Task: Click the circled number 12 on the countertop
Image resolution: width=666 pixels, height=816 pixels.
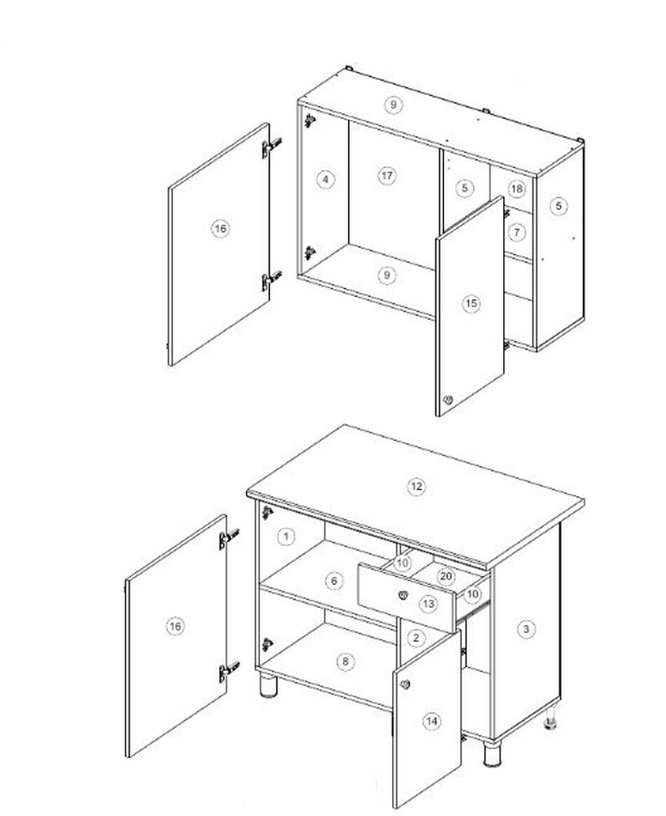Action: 416,487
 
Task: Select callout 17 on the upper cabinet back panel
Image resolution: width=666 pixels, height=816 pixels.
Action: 387,176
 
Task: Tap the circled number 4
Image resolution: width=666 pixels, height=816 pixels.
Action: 325,180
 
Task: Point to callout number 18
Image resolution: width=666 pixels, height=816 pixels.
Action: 516,188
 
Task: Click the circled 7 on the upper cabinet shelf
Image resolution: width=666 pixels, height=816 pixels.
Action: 516,232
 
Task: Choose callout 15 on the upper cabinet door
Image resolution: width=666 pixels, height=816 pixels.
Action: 471,304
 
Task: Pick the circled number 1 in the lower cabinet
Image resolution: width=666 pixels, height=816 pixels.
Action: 286,537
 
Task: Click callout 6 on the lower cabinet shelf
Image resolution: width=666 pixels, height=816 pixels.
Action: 333,581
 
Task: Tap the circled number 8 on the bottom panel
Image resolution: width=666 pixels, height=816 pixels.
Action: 345,662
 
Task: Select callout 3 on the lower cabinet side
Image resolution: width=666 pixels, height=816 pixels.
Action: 526,629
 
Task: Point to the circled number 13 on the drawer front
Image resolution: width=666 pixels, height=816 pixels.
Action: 428,604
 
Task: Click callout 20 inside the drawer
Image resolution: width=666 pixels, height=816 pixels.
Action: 446,577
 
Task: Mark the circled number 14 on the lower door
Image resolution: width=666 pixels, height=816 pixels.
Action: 431,721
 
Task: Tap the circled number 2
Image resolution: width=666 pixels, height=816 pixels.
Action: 416,638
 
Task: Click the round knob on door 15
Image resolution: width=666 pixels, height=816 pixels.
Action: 448,400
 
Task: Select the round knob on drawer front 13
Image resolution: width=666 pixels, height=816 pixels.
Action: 403,594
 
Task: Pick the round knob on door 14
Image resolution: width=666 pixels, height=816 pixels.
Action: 405,685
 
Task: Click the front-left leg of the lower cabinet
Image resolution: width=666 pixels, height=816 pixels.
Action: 269,685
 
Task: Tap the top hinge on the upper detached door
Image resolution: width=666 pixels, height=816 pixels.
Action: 271,147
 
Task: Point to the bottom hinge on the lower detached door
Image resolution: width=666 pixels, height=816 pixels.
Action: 228,672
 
